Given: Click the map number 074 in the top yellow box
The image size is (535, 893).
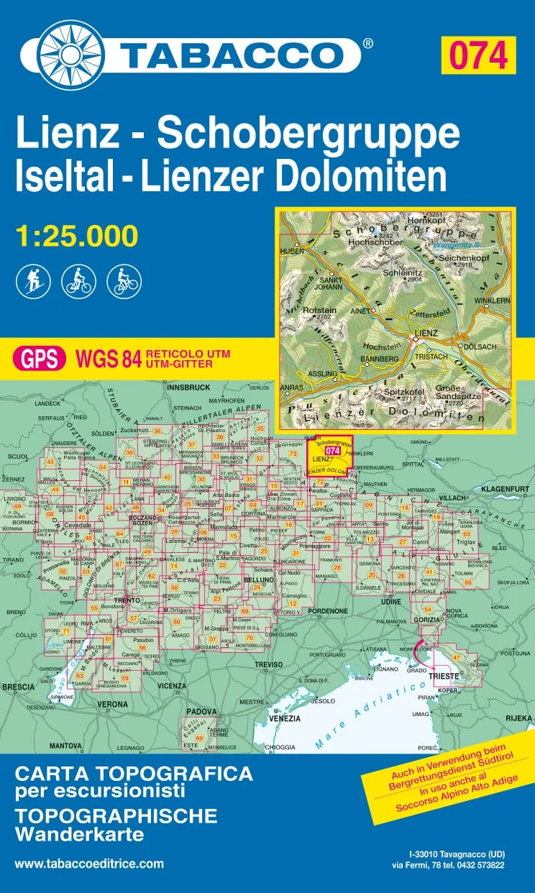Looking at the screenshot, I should coord(478,55).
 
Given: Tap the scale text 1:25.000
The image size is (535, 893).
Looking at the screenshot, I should coord(76,236).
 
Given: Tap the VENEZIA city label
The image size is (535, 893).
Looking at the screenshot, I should coord(285,718).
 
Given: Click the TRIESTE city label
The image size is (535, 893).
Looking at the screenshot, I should coord(444,677).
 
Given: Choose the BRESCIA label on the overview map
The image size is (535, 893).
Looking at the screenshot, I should coord(19,687).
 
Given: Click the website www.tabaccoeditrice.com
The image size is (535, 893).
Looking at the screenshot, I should coord(89,864).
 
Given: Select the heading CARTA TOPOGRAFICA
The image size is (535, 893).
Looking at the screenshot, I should coord(134,774).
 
